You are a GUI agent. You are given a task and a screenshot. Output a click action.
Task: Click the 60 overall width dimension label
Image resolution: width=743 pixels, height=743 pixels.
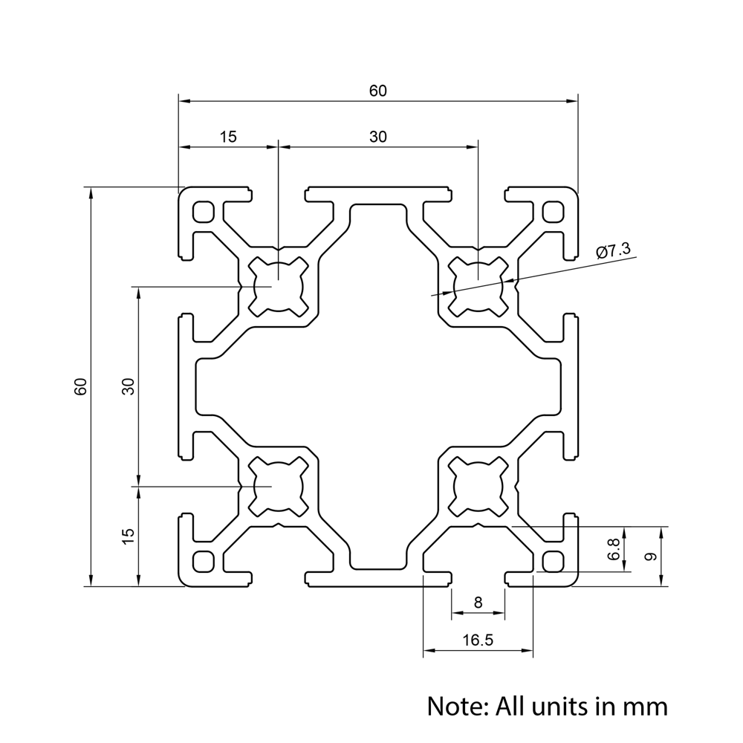pyautogui.click(x=378, y=91)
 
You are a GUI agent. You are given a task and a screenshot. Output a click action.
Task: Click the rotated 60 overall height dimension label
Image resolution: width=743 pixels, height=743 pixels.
pyautogui.click(x=81, y=386)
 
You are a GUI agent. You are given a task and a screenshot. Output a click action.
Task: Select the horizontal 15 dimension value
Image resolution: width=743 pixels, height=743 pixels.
pyautogui.click(x=227, y=137)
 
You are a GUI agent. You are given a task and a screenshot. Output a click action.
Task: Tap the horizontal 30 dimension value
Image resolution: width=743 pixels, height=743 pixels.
pyautogui.click(x=378, y=137)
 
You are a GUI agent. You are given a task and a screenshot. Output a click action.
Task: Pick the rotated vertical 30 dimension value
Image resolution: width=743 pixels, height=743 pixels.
pyautogui.click(x=128, y=386)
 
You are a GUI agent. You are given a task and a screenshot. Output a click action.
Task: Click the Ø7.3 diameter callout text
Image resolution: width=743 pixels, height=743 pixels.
pyautogui.click(x=613, y=251)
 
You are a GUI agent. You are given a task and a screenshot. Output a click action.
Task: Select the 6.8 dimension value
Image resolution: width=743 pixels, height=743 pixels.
pyautogui.click(x=614, y=551)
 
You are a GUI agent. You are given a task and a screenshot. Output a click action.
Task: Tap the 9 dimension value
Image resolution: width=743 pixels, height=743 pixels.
pyautogui.click(x=650, y=556)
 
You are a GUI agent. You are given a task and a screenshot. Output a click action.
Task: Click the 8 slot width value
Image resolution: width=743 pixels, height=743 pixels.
pyautogui.click(x=478, y=603)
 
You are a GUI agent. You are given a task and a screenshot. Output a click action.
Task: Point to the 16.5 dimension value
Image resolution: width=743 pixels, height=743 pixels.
pyautogui.click(x=477, y=640)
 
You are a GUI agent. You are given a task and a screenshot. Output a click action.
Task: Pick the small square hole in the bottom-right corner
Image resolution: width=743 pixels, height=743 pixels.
pyautogui.click(x=553, y=560)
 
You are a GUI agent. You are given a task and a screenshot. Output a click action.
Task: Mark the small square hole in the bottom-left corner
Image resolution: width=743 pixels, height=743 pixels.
pyautogui.click(x=202, y=560)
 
